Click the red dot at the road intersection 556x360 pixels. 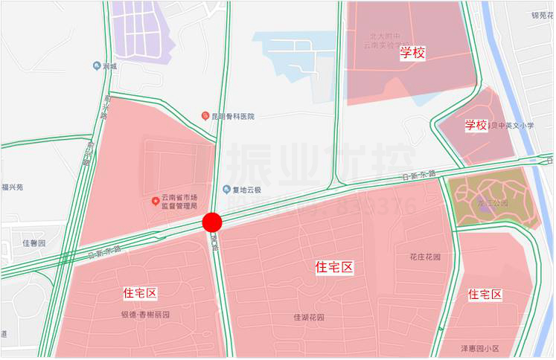(x=212, y=222)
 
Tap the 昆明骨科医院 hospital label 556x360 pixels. (x=233, y=116)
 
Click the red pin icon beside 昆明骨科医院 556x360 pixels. (x=205, y=116)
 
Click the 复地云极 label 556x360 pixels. (x=249, y=189)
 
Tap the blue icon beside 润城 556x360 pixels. (x=97, y=66)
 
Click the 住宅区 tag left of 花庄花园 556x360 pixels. (x=333, y=267)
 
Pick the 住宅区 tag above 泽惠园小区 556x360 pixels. (x=485, y=295)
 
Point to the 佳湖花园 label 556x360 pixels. (x=309, y=318)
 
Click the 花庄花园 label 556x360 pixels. (x=425, y=257)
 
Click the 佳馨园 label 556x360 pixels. (x=34, y=243)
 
